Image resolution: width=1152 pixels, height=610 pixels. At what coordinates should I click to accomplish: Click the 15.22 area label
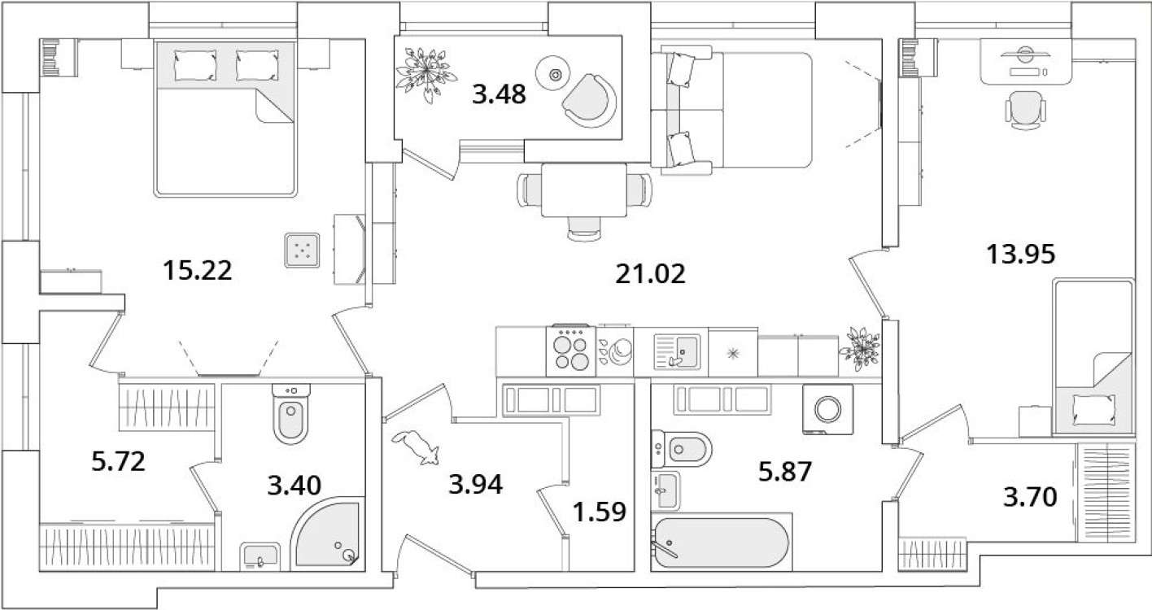click(197, 270)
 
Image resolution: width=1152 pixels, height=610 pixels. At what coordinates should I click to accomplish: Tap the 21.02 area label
click(650, 272)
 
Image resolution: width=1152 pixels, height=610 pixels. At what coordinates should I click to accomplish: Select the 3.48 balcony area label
click(500, 94)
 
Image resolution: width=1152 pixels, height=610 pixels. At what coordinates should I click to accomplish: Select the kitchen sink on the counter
click(676, 351)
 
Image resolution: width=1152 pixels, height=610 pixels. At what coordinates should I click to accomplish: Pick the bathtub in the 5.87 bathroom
click(721, 543)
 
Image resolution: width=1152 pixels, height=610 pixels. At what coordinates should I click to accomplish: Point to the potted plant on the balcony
click(422, 72)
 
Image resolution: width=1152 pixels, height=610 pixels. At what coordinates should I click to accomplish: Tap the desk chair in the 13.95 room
click(1022, 108)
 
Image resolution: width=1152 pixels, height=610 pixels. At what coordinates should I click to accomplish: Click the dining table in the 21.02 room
click(583, 190)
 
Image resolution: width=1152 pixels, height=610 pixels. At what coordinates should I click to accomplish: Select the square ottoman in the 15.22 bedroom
click(303, 251)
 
